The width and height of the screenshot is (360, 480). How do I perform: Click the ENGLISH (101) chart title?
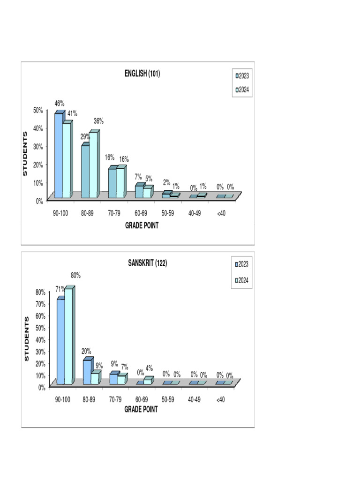pos(142,74)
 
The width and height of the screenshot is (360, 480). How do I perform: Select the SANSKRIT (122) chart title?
pos(147,263)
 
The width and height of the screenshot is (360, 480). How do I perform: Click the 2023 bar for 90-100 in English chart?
pos(59,155)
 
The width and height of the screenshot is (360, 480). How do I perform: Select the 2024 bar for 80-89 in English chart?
pos(93,164)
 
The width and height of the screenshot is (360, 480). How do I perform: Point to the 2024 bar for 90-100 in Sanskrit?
pos(68,335)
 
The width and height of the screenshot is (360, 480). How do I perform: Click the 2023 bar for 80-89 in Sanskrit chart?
pos(87,372)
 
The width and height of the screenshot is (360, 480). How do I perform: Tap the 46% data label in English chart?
pos(60,103)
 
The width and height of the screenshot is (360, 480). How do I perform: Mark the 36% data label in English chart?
pos(98,121)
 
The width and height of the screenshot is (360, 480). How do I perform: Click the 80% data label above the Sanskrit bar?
pos(75,276)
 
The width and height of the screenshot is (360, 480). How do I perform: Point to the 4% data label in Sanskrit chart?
pos(149,368)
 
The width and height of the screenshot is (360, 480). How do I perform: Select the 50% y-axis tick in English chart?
pos(37,110)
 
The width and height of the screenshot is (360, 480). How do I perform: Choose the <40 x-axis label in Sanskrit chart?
pos(220,400)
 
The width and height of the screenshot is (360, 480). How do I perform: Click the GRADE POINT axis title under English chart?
pos(142,225)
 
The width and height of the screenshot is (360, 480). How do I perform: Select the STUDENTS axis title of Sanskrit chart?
pos(26,338)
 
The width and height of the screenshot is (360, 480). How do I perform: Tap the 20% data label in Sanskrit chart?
pos(86,351)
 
